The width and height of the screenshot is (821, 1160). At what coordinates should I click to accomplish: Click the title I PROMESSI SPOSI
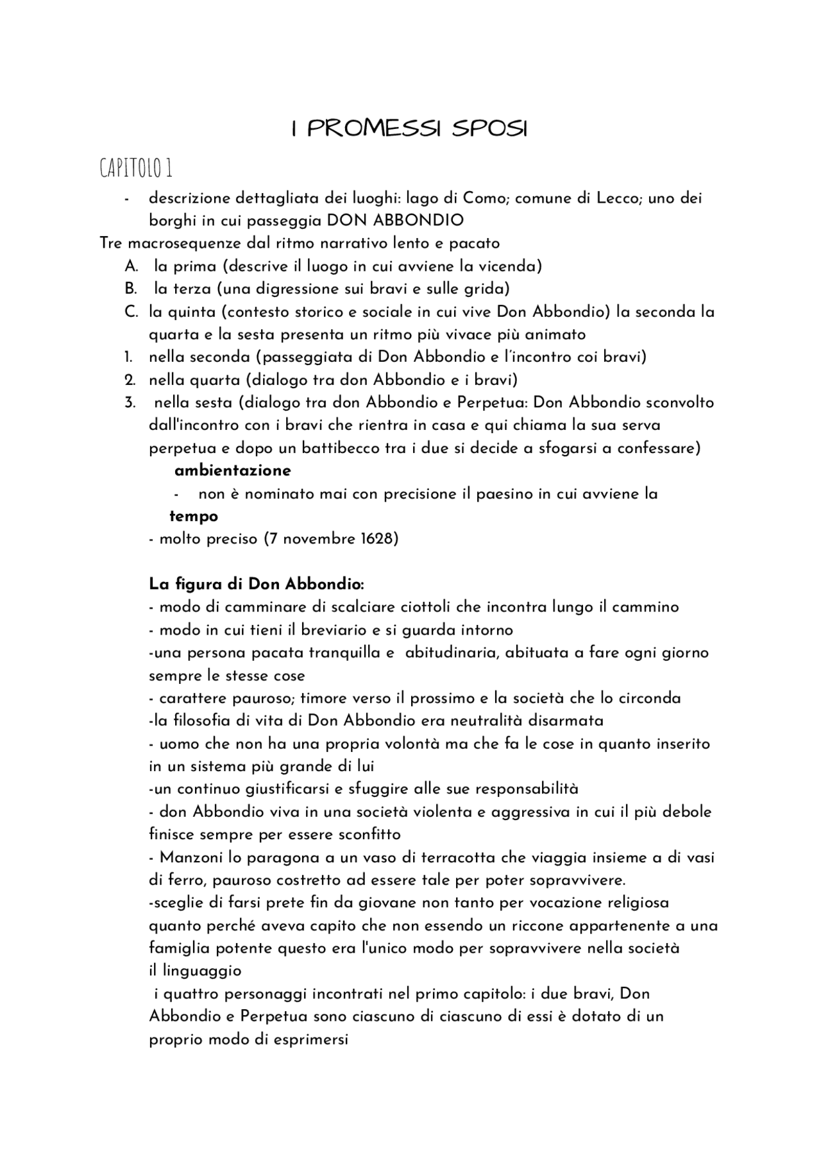coord(409,129)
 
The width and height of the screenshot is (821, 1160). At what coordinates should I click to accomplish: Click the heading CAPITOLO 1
coord(136,169)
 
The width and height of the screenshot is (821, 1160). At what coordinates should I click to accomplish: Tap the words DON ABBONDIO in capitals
coord(395,221)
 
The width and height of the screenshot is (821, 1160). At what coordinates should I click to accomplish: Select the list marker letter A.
coord(131,266)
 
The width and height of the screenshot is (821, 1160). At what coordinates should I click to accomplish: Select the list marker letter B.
coord(131,289)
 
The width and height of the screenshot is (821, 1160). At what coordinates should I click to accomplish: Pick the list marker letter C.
coord(131,312)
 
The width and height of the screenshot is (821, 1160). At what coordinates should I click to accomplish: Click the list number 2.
coord(129,380)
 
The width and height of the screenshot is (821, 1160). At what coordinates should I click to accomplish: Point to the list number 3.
coord(130,403)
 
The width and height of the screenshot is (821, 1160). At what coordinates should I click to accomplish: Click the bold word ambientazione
coord(232,471)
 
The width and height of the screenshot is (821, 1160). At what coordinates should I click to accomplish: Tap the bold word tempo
coord(194,516)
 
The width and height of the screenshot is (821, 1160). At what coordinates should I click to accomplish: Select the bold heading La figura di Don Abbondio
coord(257,584)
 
